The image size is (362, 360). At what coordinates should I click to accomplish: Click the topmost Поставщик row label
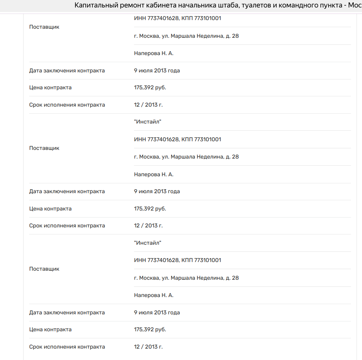(x=44, y=27)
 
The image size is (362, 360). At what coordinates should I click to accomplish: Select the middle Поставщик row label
(x=44, y=148)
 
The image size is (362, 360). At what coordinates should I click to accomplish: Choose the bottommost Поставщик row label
(x=44, y=269)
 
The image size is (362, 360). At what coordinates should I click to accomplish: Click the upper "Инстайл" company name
(x=148, y=122)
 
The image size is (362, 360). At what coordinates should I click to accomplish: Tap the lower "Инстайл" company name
(x=148, y=243)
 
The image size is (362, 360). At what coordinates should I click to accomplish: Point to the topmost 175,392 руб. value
(x=150, y=88)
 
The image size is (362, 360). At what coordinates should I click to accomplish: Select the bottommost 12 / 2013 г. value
(x=148, y=347)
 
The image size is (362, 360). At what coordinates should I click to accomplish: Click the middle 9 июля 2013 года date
(x=157, y=192)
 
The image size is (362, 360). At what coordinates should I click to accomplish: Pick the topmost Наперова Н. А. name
(x=154, y=54)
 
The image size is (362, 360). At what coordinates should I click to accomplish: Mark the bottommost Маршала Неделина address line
(x=186, y=278)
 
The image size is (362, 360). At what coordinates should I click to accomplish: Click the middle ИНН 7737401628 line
(x=178, y=140)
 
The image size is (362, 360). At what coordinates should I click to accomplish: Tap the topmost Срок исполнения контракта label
(x=67, y=105)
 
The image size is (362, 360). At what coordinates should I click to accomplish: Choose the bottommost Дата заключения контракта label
(x=67, y=313)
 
